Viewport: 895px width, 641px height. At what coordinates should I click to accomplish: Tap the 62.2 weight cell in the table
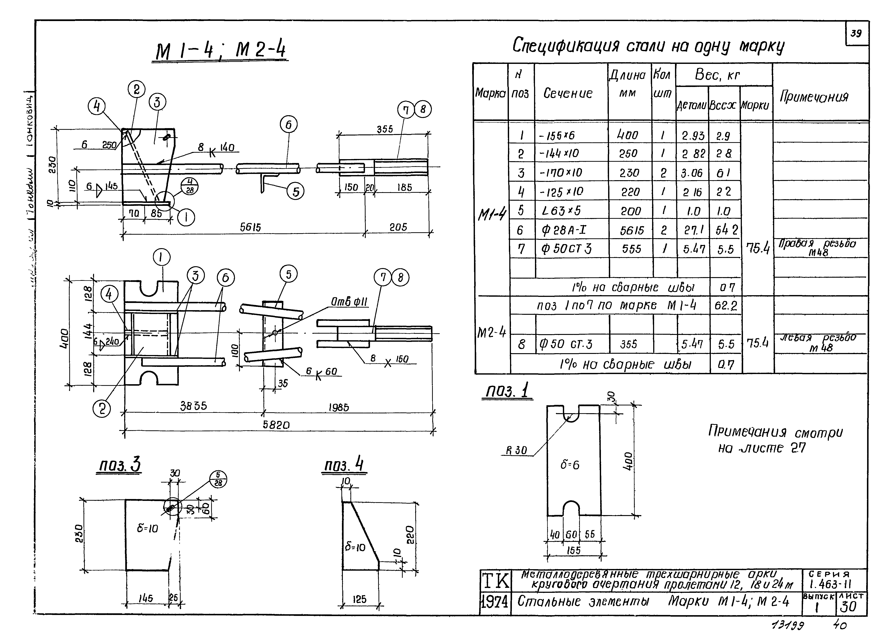click(725, 306)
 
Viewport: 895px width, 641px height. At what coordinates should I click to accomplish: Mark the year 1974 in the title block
click(495, 602)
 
